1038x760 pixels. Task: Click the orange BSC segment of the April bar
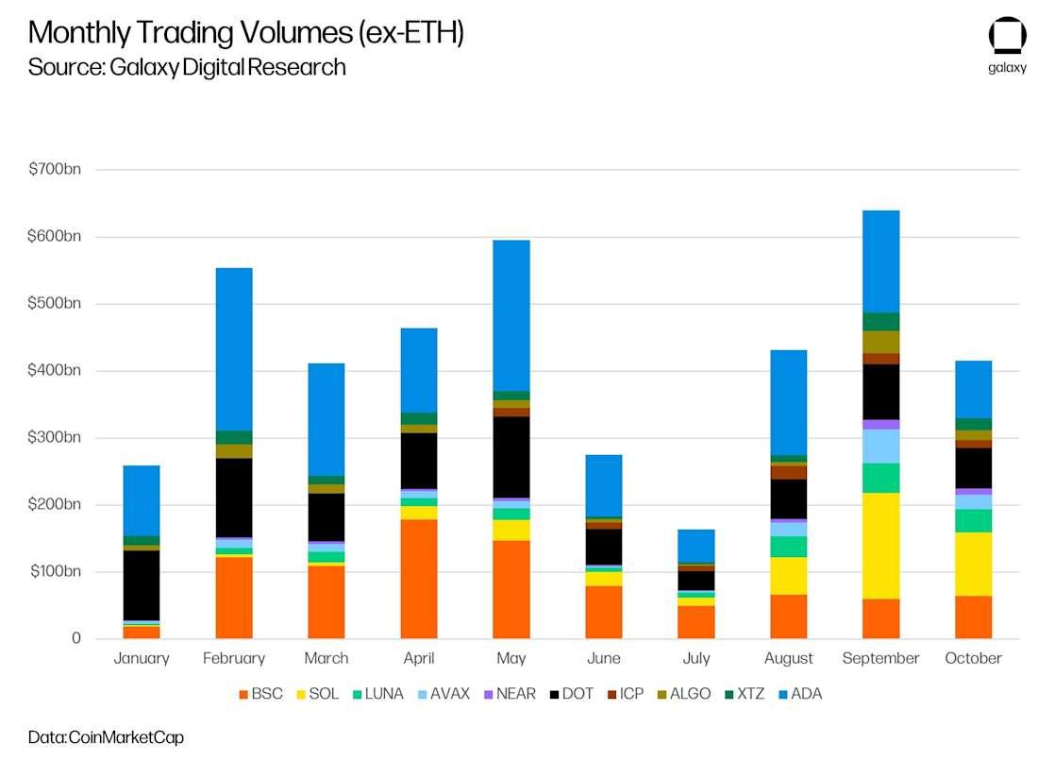(418, 579)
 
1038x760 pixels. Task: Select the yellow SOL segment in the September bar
(880, 546)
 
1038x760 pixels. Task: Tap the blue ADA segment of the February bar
(233, 349)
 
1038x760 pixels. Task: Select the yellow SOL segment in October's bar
(973, 564)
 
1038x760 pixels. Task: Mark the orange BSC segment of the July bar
(695, 622)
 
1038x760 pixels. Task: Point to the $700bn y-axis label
(55, 169)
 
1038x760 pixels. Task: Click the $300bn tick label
(55, 437)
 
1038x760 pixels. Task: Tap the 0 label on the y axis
(75, 639)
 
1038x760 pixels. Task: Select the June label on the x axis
(603, 658)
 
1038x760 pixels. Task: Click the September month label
(880, 658)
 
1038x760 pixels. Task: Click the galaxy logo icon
(1007, 35)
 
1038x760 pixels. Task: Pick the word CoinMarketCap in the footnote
(126, 737)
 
